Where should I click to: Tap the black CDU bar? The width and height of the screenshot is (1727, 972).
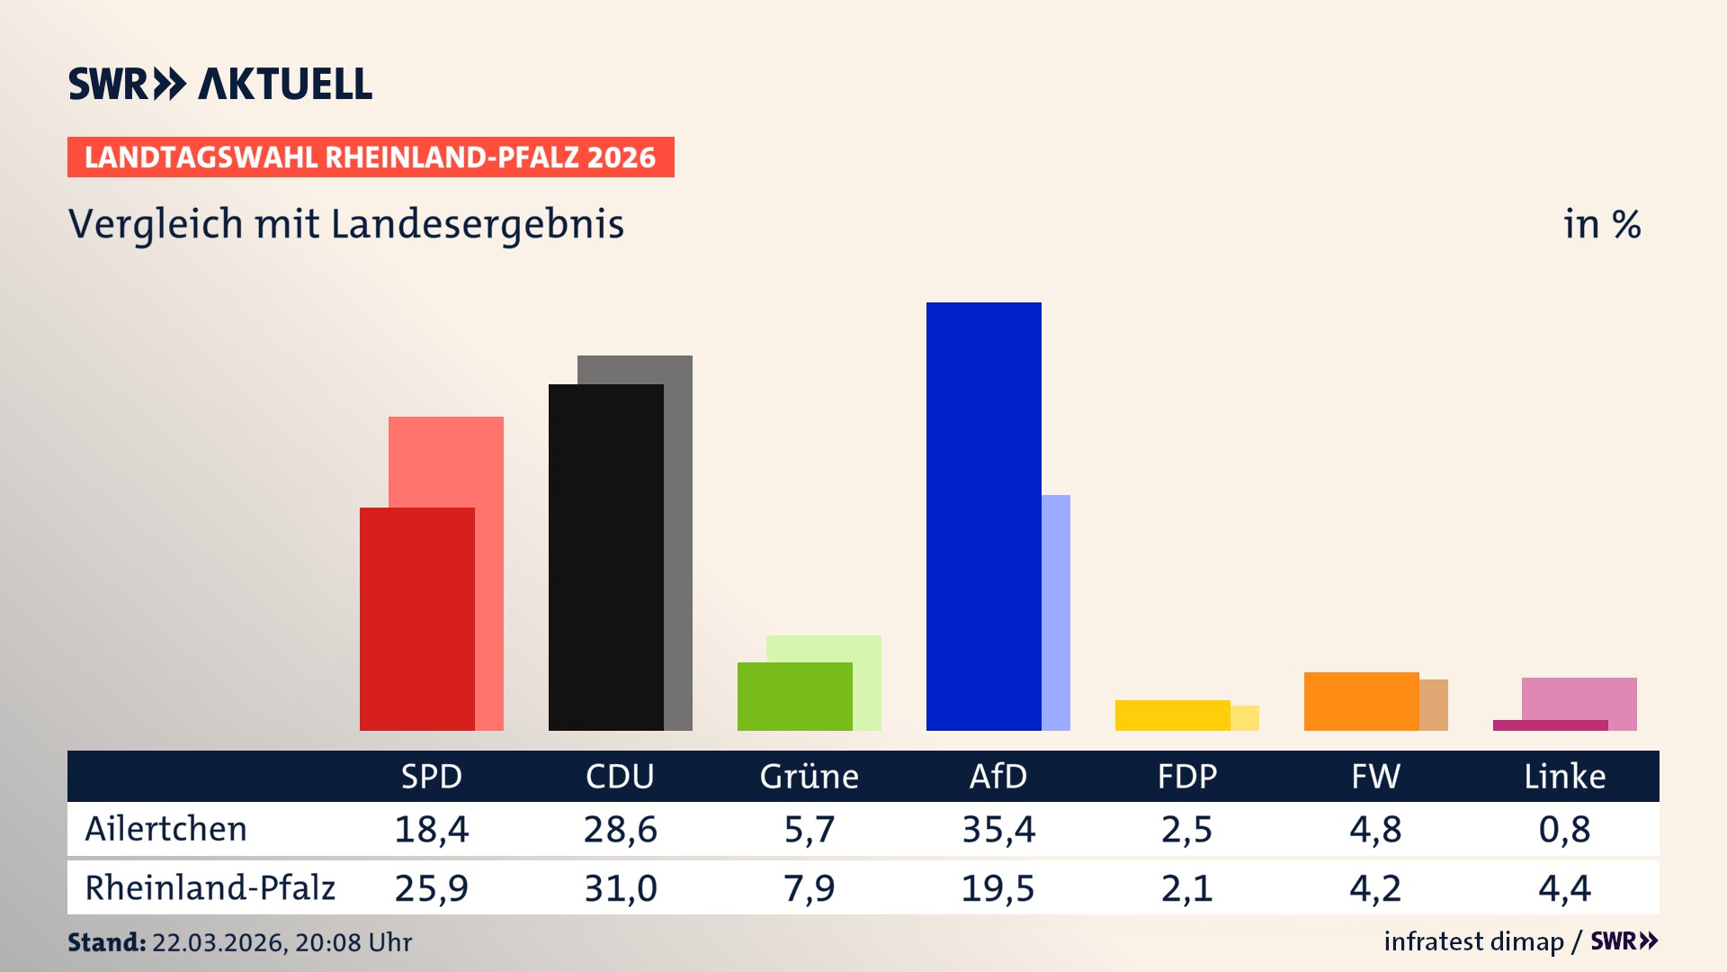tap(605, 557)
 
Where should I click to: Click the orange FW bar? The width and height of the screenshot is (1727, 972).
tap(1361, 701)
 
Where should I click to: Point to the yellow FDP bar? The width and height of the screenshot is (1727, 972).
tap(1172, 715)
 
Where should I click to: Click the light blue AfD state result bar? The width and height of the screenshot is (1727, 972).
tap(1056, 612)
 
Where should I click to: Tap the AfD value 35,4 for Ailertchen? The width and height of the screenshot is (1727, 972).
tap(998, 829)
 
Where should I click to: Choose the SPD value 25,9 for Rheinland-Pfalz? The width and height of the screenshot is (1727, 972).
tap(432, 888)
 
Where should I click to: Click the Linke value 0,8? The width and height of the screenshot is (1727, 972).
tap(1564, 829)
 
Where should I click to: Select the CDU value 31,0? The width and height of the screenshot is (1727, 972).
tap(621, 888)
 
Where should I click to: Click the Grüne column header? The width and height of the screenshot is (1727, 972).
tap(809, 776)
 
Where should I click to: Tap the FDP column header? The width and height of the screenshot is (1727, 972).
tap(1186, 776)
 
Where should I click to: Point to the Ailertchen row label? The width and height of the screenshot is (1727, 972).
tap(166, 829)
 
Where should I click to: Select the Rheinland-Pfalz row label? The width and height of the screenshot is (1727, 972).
tap(210, 888)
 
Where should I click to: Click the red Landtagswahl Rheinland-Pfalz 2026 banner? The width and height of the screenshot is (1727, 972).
tap(371, 157)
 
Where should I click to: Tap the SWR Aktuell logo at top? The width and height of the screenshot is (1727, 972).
tap(220, 84)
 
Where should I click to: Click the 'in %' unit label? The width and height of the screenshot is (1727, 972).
tap(1601, 225)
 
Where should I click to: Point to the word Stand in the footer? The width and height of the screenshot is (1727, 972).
tap(106, 942)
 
